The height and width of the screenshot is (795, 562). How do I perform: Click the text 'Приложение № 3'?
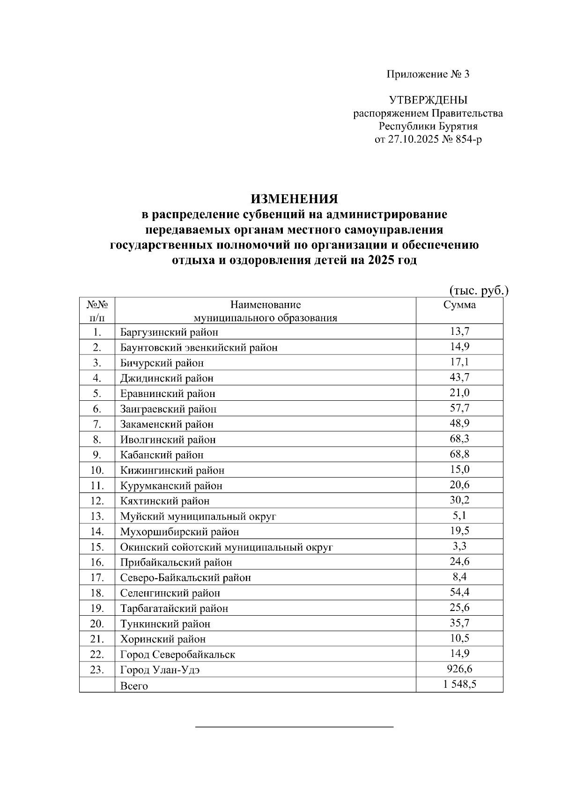click(x=427, y=74)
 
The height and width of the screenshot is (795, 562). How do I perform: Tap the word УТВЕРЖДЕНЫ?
click(x=428, y=100)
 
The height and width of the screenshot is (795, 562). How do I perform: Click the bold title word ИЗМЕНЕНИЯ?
click(x=294, y=199)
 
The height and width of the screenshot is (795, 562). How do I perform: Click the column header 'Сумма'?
click(x=459, y=305)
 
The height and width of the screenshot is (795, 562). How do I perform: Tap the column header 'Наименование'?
click(x=266, y=305)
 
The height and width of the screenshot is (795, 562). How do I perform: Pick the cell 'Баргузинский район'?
click(x=169, y=332)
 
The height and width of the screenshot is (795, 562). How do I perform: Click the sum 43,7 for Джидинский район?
click(x=459, y=377)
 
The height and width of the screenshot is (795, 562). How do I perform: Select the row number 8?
click(x=96, y=440)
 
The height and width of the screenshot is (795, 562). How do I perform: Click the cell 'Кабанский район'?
click(x=162, y=455)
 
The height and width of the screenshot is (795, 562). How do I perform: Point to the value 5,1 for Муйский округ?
click(x=459, y=515)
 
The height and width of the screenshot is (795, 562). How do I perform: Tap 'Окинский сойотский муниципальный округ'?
click(x=226, y=547)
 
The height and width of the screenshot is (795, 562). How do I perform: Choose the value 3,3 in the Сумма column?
click(x=459, y=546)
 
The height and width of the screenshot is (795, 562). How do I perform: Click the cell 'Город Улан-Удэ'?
click(x=160, y=670)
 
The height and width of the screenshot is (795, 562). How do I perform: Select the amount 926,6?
click(x=459, y=669)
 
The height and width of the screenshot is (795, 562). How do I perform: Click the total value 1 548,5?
click(x=459, y=685)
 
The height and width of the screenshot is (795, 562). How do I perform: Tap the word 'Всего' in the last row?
click(x=134, y=686)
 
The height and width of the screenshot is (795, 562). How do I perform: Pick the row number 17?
click(x=96, y=578)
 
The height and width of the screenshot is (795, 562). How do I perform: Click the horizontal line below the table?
click(x=294, y=727)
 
